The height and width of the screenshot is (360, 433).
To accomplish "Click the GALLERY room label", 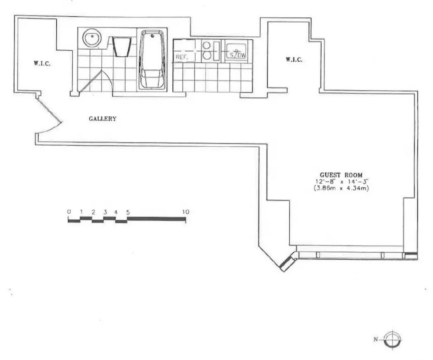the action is pos(103,119).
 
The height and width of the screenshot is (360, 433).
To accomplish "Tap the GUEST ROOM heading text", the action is pos(341,175).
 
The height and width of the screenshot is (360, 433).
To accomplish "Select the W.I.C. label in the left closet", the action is pos(42,64).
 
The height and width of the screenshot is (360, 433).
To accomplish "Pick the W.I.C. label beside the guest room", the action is pos(294,59).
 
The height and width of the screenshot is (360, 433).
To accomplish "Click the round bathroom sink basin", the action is pos(92,38).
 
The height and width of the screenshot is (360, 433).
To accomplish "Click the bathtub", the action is pos(152,60).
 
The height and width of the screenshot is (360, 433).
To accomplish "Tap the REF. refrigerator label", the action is pos(182,58).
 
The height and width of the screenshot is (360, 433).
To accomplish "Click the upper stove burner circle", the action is pos(206,45).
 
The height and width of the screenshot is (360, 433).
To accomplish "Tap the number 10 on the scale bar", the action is pos(186,212).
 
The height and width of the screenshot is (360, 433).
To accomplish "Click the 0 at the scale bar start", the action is pos(69,212).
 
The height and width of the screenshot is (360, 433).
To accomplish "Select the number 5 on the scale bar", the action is pos(128,212).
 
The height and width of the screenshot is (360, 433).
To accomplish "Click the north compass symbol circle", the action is pos(392,340).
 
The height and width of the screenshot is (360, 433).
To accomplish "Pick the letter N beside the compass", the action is pos(375,339).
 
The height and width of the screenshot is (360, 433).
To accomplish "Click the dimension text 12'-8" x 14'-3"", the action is pos(342,182).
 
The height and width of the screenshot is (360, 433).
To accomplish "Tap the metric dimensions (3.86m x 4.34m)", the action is pos(341,188).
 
